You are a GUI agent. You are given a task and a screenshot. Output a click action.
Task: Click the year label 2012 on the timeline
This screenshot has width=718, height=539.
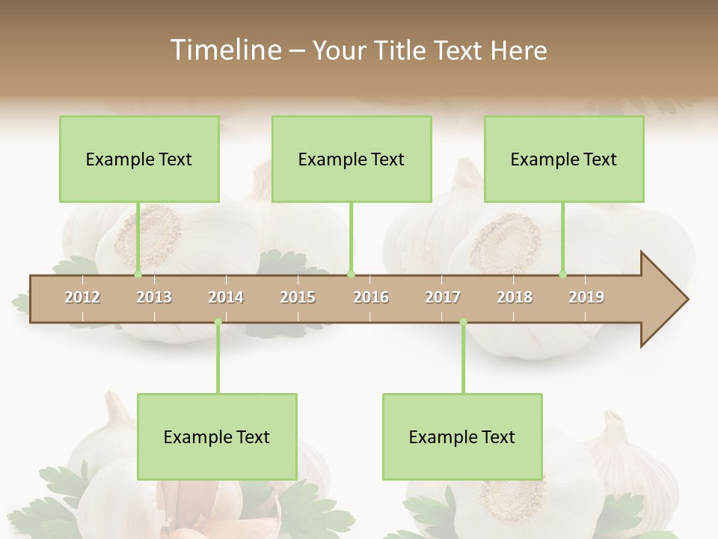(x=82, y=297)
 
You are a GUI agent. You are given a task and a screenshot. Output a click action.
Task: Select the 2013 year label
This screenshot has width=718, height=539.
(x=154, y=297)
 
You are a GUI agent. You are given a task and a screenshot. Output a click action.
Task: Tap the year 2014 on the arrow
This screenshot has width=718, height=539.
(x=226, y=297)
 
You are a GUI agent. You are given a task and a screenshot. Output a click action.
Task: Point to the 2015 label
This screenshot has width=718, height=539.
(x=298, y=297)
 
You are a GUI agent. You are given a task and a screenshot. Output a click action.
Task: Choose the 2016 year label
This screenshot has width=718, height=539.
(x=371, y=297)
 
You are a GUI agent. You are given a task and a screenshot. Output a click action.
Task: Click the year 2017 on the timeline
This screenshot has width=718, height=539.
(x=443, y=297)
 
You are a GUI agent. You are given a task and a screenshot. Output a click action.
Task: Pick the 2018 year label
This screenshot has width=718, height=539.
(x=515, y=297)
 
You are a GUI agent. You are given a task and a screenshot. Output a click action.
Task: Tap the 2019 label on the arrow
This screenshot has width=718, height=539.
(x=586, y=297)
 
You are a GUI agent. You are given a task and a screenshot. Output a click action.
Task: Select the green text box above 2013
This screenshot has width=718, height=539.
(x=139, y=159)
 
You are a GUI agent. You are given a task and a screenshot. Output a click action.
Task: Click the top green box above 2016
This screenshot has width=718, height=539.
(x=352, y=159)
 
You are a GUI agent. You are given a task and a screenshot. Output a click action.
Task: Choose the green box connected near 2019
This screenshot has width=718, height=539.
(x=564, y=159)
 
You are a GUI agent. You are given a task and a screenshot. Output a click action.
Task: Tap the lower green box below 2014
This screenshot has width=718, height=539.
(x=217, y=437)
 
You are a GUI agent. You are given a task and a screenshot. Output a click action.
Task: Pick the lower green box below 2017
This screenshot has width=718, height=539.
(x=462, y=437)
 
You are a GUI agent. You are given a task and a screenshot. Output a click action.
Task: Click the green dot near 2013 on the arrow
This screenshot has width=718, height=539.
(x=138, y=275)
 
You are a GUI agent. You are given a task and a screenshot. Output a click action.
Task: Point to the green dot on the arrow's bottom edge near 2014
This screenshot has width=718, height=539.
(x=218, y=322)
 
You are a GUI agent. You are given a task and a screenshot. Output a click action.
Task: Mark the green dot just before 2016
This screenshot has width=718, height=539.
(x=352, y=275)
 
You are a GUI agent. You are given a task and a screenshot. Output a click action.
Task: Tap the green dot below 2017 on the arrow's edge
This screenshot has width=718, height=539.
(x=463, y=322)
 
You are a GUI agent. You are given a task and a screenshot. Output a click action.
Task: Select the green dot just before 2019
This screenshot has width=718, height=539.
(x=563, y=275)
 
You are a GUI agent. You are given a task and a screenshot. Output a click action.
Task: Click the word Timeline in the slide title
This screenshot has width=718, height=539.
(x=225, y=50)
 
